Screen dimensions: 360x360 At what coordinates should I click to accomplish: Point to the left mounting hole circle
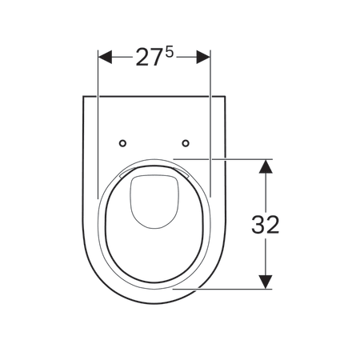(122, 144)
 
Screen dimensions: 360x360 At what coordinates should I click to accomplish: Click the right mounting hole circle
(186, 144)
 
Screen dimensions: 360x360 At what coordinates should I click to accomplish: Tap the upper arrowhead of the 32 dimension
(266, 163)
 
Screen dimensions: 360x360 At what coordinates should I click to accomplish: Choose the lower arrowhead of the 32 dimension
(266, 283)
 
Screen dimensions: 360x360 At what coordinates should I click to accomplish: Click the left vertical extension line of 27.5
(98, 120)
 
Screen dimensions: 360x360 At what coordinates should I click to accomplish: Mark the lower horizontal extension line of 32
(232, 289)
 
